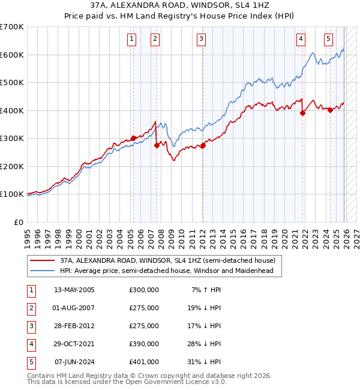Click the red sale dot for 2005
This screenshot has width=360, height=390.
[133, 138]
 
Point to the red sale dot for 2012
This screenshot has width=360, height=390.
[203, 145]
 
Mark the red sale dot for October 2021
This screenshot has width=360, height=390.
[302, 113]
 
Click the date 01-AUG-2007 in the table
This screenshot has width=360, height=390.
[74, 308]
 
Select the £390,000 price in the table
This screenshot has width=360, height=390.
[144, 344]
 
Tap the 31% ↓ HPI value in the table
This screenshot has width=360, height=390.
[207, 362]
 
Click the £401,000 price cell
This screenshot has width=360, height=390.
[144, 362]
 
